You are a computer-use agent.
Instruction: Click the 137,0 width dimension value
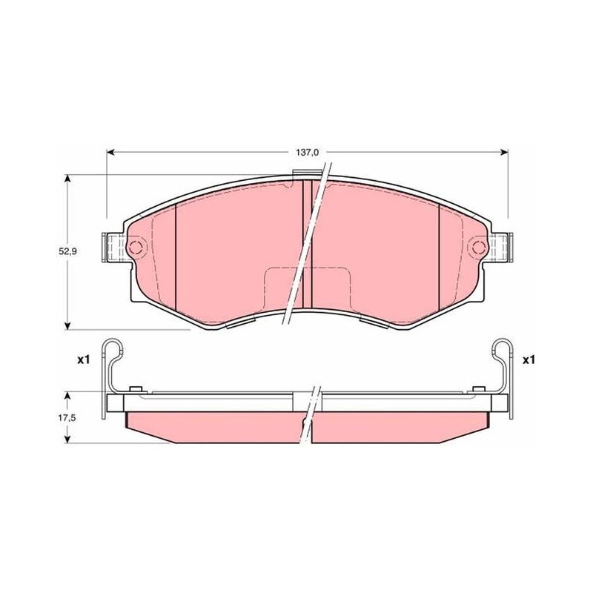point(307,153)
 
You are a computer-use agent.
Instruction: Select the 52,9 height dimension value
point(67,251)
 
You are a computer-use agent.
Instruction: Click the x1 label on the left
point(83,360)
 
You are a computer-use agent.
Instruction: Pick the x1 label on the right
point(529,360)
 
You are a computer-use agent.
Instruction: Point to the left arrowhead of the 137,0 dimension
point(110,152)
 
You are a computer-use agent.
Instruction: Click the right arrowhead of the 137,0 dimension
point(504,152)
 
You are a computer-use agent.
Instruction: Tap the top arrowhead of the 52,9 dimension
point(67,179)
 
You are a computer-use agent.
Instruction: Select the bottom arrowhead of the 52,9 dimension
point(67,325)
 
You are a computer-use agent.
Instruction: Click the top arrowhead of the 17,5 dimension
point(67,396)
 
